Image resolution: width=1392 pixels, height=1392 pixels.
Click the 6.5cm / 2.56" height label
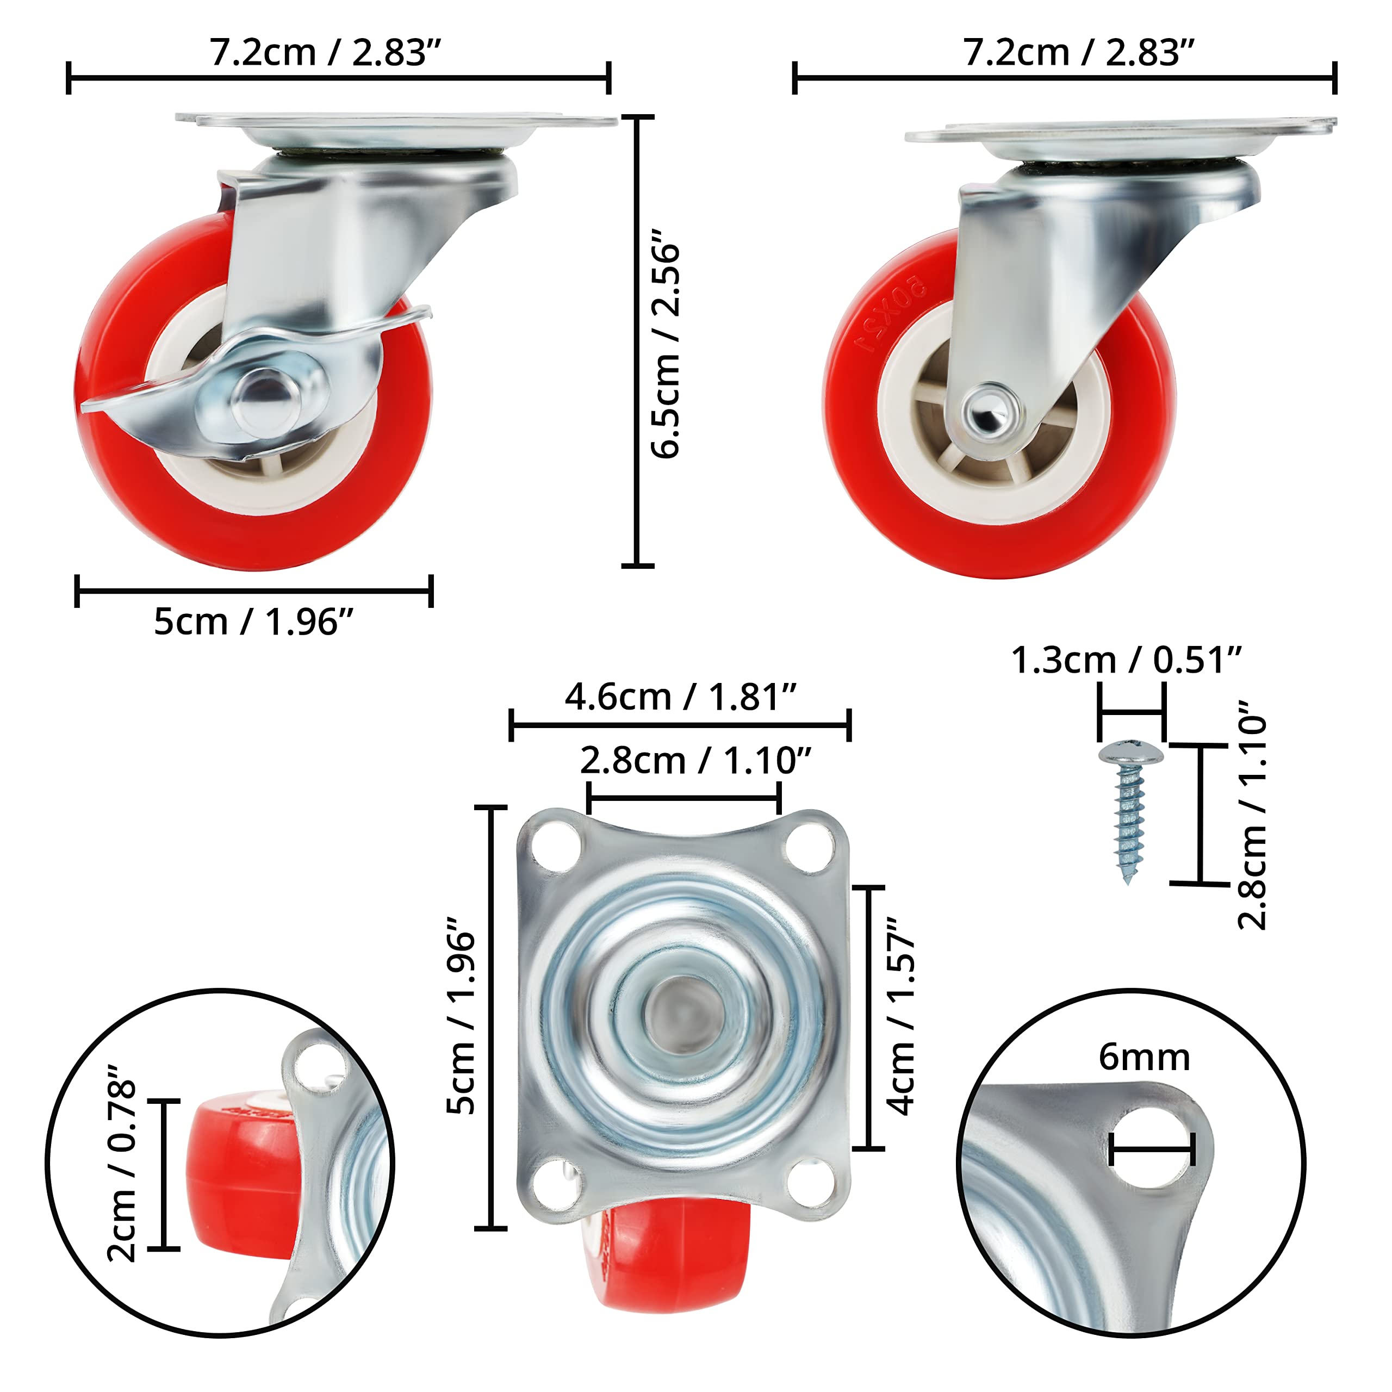click(x=664, y=344)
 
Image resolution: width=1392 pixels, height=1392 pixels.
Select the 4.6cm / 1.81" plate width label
click(x=680, y=697)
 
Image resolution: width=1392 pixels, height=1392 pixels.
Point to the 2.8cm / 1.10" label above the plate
click(x=695, y=760)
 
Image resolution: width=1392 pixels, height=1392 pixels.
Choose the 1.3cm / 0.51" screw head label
click(x=1126, y=660)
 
